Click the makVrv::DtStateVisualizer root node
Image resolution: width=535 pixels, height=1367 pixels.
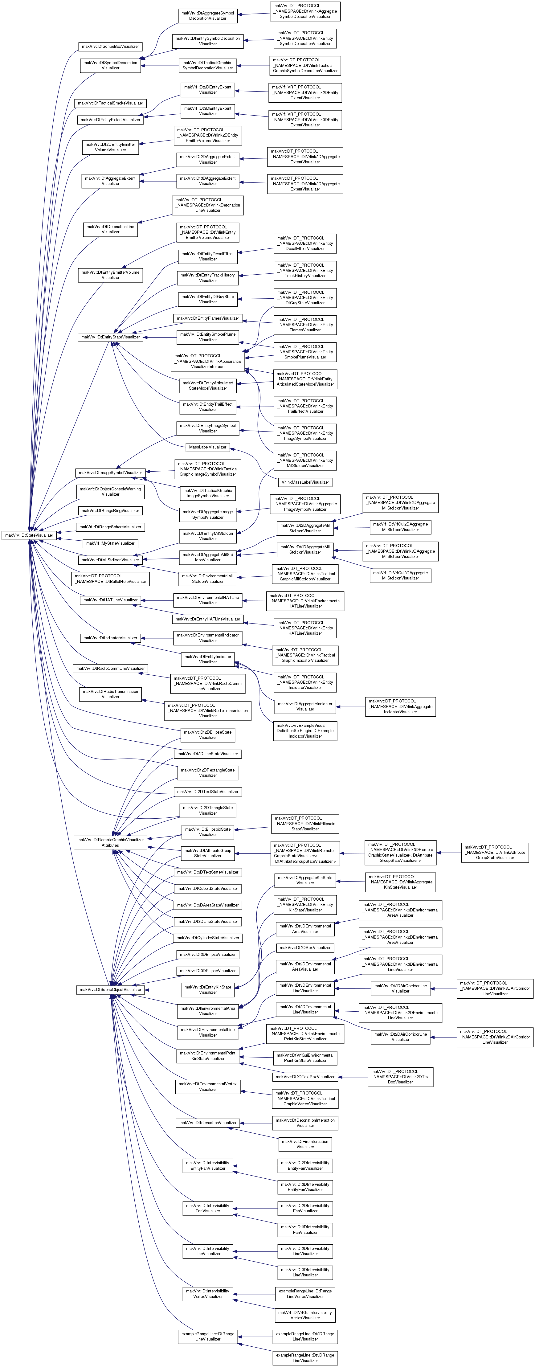pyautogui.click(x=29, y=535)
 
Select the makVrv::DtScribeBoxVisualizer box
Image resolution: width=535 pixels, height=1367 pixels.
pyautogui.click(x=110, y=46)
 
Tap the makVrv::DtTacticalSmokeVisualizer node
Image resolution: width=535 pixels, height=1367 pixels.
pyautogui.click(x=110, y=103)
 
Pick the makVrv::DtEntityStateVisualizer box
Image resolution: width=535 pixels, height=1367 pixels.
pyautogui.click(x=110, y=337)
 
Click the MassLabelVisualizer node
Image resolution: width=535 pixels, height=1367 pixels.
pyautogui.click(x=207, y=447)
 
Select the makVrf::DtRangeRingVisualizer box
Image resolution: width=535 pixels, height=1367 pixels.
pyautogui.click(x=110, y=510)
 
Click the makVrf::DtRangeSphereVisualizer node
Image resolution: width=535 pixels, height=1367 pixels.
pyautogui.click(x=110, y=527)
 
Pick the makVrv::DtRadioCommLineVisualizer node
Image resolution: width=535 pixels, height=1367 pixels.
pyautogui.click(x=110, y=668)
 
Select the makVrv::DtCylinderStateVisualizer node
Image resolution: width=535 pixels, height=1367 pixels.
pyautogui.click(x=207, y=938)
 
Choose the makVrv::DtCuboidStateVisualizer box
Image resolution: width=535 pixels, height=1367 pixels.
pyautogui.click(x=207, y=888)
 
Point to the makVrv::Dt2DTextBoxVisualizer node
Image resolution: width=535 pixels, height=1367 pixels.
pyautogui.click(x=305, y=1076)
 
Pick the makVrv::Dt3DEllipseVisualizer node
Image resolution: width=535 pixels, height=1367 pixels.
pyautogui.click(x=207, y=971)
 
